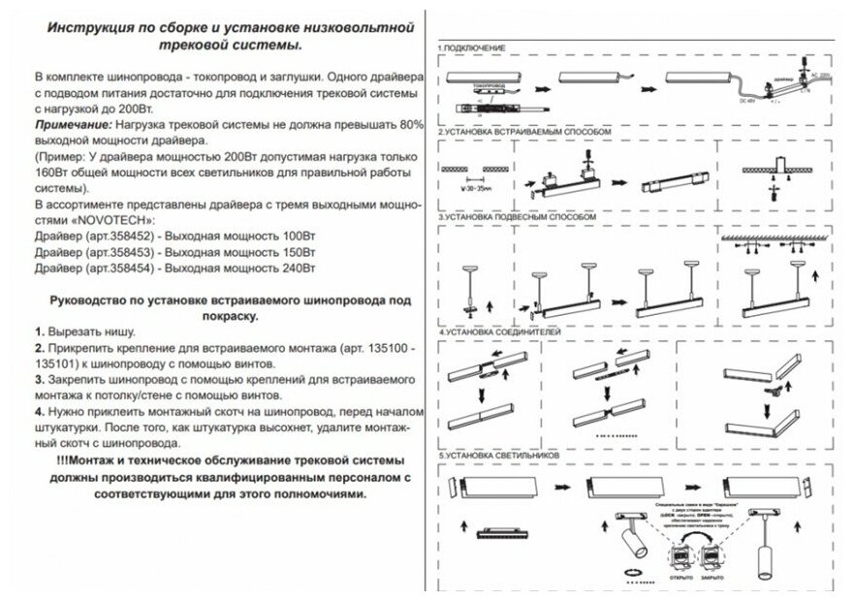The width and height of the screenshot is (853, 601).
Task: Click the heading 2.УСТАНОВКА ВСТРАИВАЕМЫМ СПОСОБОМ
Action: [525, 130]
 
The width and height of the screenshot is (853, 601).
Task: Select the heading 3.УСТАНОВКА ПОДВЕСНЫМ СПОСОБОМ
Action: [518, 219]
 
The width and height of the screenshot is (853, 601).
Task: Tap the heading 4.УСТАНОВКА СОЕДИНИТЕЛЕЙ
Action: [501, 332]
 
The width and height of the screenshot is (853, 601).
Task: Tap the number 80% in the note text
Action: [411, 126]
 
